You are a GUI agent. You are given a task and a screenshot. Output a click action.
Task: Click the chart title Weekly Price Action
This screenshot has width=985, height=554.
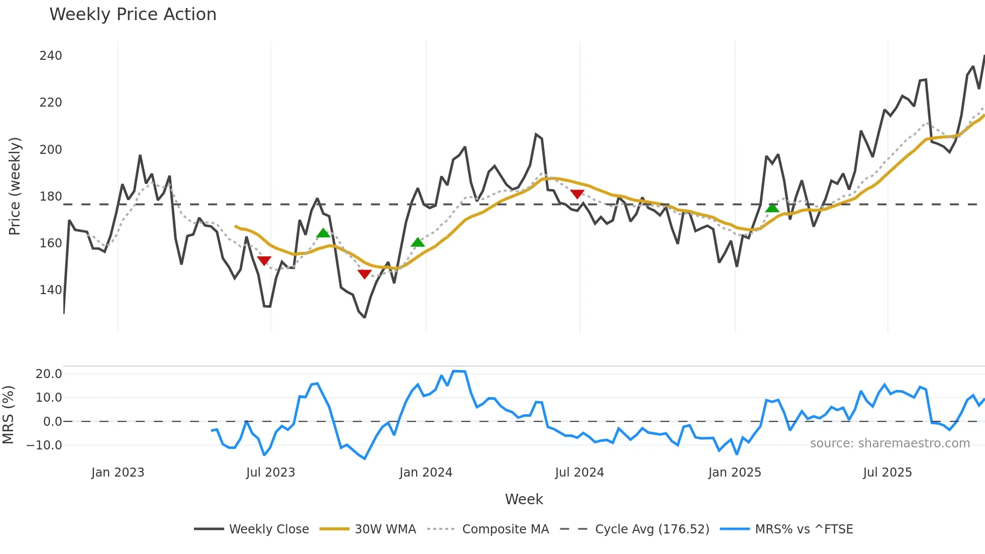(x=133, y=15)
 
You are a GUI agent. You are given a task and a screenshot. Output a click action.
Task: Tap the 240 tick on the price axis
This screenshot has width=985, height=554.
(x=51, y=56)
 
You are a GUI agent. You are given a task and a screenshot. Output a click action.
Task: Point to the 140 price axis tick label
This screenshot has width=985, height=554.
(x=51, y=290)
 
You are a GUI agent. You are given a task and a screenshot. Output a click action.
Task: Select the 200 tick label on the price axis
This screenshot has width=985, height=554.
(x=51, y=150)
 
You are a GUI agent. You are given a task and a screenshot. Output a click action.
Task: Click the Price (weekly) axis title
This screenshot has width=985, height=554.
(x=15, y=186)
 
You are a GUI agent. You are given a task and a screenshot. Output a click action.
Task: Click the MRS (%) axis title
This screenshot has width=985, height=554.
(x=8, y=415)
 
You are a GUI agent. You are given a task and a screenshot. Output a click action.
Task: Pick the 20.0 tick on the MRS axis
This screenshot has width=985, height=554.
(x=49, y=374)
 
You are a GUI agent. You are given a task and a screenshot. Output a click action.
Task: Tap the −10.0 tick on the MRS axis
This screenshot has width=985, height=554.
(x=44, y=445)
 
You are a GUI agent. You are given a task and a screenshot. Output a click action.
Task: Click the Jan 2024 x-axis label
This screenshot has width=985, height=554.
(x=426, y=473)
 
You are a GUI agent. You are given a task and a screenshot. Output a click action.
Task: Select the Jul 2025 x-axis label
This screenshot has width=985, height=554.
(x=887, y=473)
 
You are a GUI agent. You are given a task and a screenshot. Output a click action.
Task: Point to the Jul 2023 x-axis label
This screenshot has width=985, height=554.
(x=270, y=473)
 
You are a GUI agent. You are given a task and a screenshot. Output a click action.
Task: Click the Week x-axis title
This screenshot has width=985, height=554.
(x=524, y=499)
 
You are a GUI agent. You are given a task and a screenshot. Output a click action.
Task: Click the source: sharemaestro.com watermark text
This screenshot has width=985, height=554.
(x=890, y=443)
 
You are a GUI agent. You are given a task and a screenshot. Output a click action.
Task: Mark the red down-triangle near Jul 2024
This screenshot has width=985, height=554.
(x=577, y=194)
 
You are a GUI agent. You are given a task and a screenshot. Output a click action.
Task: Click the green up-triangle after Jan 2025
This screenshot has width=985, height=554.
(x=772, y=208)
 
